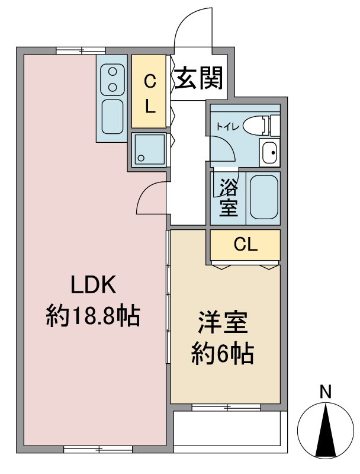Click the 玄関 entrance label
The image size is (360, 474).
199,77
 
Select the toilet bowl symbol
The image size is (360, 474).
255,125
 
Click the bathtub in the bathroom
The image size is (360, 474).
263,197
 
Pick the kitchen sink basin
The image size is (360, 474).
112,116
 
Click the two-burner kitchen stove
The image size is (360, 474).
111,79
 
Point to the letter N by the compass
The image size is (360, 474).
324,392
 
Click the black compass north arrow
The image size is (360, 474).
324,431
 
